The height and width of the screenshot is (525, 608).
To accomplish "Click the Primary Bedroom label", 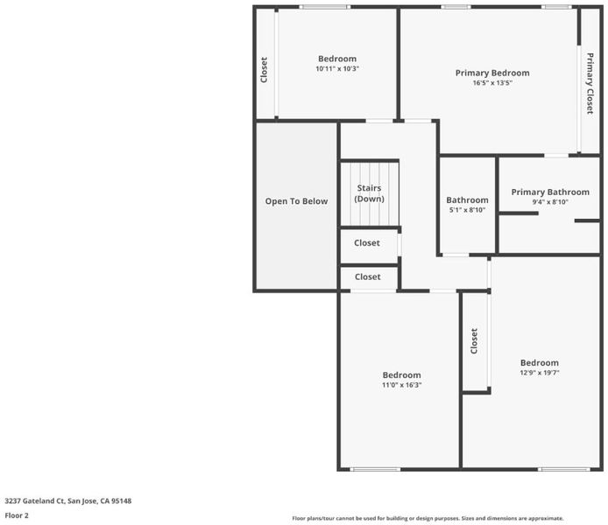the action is pos(492,73).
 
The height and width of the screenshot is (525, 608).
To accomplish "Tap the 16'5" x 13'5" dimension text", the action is pos(492,83).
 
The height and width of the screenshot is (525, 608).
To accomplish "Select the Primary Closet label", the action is pos(590,84).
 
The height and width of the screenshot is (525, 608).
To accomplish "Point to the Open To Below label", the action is pos(296,201).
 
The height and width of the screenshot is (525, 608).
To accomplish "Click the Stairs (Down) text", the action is pos(369,193).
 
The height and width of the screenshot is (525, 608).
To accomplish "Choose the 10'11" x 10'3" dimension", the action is pos(337,69).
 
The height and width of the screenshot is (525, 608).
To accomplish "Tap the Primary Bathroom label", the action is pos(550,192).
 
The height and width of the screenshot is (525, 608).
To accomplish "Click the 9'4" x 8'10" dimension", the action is pos(550,202).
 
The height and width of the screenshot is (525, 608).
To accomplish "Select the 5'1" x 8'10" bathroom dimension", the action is pos(467,210).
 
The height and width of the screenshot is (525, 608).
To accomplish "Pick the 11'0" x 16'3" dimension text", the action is pos(402,385).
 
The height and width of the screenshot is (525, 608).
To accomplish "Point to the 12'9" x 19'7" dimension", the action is pos(540,373).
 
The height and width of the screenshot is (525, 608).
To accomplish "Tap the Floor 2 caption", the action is pos(17,515).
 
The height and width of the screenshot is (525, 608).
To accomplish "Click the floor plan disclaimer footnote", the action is pos(428,518).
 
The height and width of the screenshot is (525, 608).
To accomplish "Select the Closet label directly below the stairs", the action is pos(367,243).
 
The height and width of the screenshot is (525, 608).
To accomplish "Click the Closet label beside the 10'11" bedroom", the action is pos(264,70).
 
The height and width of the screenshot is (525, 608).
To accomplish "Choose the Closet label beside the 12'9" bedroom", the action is pos(474,341).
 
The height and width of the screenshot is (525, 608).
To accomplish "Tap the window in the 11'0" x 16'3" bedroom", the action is pos(375,469).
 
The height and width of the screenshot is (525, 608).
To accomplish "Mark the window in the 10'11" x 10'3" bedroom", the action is pos(324,7).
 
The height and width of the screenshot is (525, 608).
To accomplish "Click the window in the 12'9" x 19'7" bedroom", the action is pos(564,469).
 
